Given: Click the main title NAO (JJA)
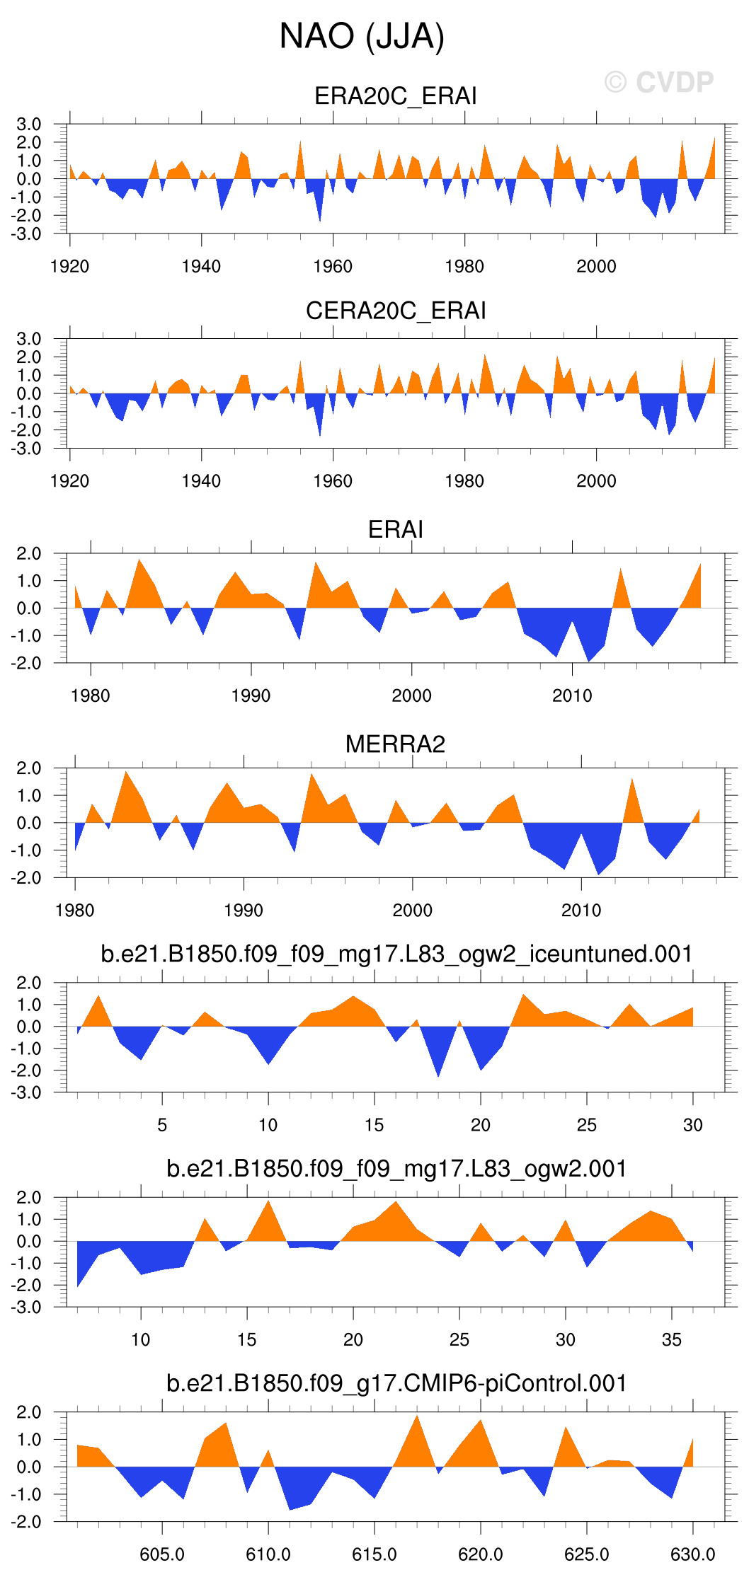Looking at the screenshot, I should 362,36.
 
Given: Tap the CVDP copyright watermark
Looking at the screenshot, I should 659,83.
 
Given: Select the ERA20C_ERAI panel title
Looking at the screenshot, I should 395,96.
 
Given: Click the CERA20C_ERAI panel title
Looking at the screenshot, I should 395,311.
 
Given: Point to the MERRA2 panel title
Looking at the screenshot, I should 395,744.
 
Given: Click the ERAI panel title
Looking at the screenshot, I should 395,529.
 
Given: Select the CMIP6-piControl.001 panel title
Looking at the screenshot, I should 396,1383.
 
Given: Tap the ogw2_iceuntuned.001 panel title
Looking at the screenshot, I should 396,954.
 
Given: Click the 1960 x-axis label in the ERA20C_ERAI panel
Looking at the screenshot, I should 333,267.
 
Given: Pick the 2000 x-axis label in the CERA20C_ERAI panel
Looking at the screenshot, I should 596,481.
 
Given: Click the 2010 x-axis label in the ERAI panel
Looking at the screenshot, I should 572,696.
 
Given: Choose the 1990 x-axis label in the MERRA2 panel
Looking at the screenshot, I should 244,911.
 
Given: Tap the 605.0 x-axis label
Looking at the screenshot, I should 162,1555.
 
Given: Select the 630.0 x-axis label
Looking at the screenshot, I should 692,1555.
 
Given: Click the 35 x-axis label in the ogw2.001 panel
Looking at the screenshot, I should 671,1340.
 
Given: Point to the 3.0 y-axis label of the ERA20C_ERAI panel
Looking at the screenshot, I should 29,125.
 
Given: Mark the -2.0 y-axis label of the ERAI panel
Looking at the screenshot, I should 29,664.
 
